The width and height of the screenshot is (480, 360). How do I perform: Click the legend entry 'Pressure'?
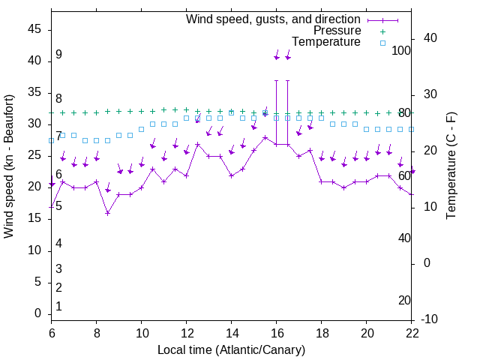click(x=337, y=31)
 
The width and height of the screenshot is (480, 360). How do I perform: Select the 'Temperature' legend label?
click(x=326, y=42)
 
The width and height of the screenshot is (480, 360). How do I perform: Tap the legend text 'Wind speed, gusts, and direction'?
click(x=274, y=19)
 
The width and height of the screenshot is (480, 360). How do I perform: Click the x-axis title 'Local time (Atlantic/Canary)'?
click(x=231, y=349)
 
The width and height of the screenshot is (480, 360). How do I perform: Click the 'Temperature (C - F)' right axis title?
click(x=451, y=166)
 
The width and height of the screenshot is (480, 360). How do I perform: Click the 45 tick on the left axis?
click(x=34, y=29)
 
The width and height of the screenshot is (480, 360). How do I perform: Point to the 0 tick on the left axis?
click(x=38, y=313)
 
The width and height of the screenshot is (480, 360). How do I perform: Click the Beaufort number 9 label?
click(x=58, y=55)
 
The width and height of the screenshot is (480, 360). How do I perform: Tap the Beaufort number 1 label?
click(x=58, y=307)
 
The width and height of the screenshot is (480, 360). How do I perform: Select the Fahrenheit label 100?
click(x=402, y=50)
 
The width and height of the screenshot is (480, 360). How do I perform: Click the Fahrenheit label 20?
click(x=404, y=300)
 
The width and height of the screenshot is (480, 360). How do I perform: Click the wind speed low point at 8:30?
click(x=108, y=213)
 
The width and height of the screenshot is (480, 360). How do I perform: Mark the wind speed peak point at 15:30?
click(x=265, y=137)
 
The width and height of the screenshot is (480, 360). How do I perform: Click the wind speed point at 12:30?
click(x=198, y=144)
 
